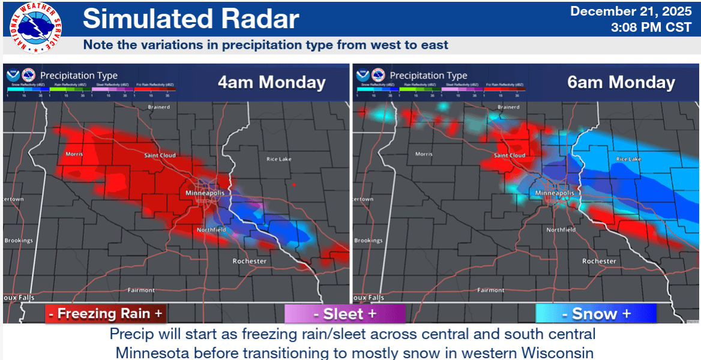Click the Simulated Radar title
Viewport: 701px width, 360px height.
pyautogui.click(x=191, y=19)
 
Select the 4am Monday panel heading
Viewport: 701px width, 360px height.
pyautogui.click(x=271, y=82)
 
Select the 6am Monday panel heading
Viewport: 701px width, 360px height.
pyautogui.click(x=621, y=82)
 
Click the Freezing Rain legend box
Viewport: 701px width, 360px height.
pyautogui.click(x=105, y=313)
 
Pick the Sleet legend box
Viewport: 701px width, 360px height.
pyautogui.click(x=344, y=313)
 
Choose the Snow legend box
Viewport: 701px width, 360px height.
pyautogui.click(x=595, y=313)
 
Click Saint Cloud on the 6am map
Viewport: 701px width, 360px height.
pyautogui.click(x=510, y=155)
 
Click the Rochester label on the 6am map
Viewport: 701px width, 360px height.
pyautogui.click(x=599, y=261)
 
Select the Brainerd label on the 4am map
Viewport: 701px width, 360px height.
pyautogui.click(x=159, y=107)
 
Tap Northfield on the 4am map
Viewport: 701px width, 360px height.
pyautogui.click(x=212, y=230)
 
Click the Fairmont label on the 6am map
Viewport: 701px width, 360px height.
pyautogui.click(x=490, y=290)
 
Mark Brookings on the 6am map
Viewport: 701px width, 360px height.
pyautogui.click(x=368, y=241)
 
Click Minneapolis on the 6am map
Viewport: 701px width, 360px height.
pyautogui.click(x=554, y=193)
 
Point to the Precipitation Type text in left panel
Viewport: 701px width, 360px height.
pyautogui.click(x=79, y=76)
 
